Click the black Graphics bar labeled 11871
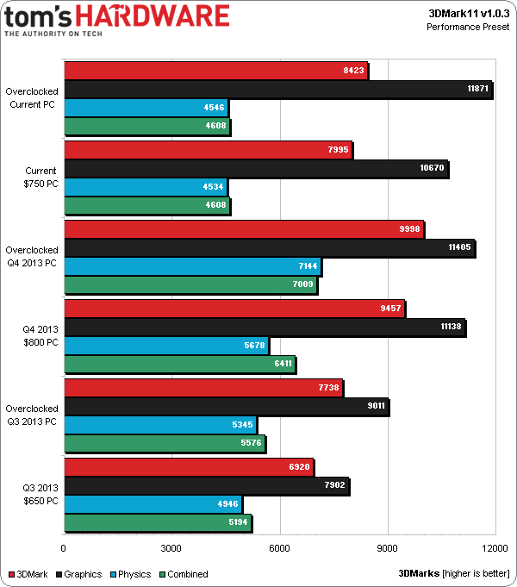(x=277, y=89)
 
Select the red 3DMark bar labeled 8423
(x=215, y=70)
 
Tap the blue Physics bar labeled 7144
(x=191, y=265)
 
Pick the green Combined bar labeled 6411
(x=178, y=365)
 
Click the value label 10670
(x=431, y=167)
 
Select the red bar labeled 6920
(x=188, y=466)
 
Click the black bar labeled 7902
(x=206, y=484)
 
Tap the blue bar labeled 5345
(x=159, y=425)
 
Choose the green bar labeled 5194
(x=157, y=522)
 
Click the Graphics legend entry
(x=78, y=574)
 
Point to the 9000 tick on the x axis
(x=387, y=548)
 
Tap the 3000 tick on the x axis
(x=171, y=548)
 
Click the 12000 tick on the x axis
(x=494, y=548)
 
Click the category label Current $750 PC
(x=40, y=177)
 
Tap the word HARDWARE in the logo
(x=173, y=16)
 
